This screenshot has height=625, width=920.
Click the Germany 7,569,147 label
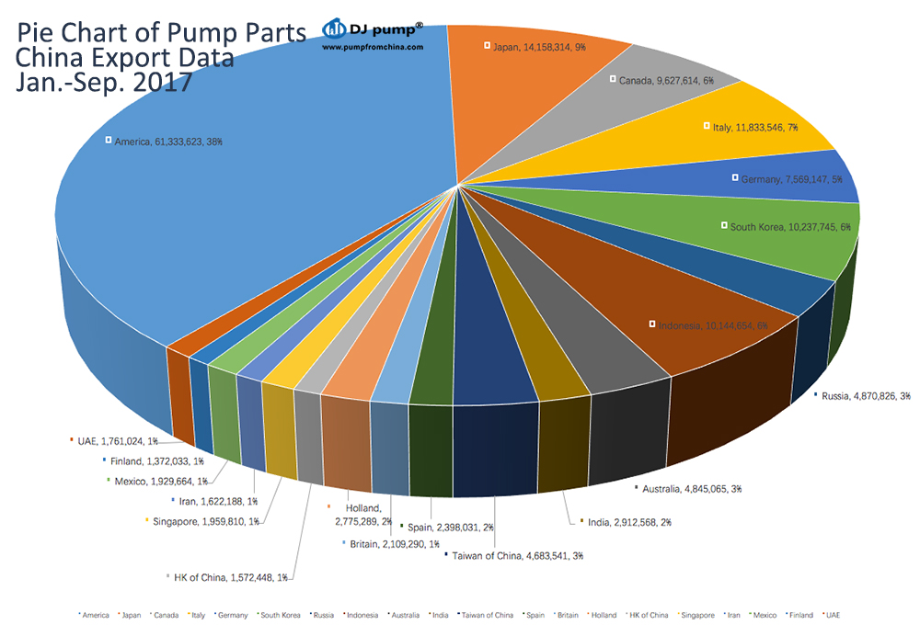click(x=792, y=179)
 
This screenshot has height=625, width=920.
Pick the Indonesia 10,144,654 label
click(x=711, y=325)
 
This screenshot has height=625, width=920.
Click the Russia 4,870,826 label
click(x=866, y=396)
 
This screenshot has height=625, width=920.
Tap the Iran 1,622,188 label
click(x=218, y=501)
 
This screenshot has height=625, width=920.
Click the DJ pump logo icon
click(x=333, y=28)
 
